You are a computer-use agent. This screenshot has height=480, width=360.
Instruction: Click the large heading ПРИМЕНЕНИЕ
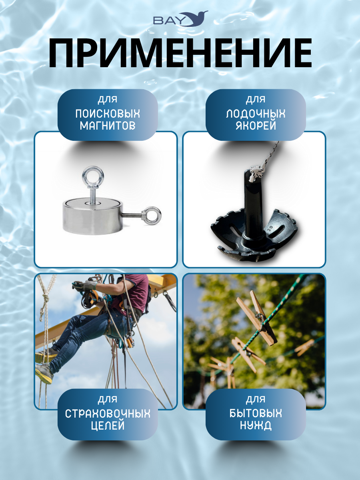[180, 53]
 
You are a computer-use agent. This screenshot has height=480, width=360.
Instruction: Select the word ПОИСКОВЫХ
[108, 114]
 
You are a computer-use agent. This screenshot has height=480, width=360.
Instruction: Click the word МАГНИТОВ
[108, 126]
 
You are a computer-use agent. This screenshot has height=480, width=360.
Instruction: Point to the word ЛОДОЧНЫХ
[256, 114]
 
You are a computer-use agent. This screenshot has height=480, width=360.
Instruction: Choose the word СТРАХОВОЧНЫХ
[108, 414]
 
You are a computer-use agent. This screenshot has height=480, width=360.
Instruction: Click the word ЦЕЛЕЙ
[108, 426]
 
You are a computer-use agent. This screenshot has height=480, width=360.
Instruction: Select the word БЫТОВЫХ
[256, 414]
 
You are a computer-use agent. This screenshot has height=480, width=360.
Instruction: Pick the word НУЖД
[256, 426]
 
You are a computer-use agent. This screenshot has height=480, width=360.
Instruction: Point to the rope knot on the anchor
[258, 172]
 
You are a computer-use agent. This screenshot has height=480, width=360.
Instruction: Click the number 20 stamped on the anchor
[270, 228]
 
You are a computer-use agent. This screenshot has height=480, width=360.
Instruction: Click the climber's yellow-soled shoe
[44, 374]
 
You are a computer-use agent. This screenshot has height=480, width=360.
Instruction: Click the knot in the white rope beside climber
[45, 298]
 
